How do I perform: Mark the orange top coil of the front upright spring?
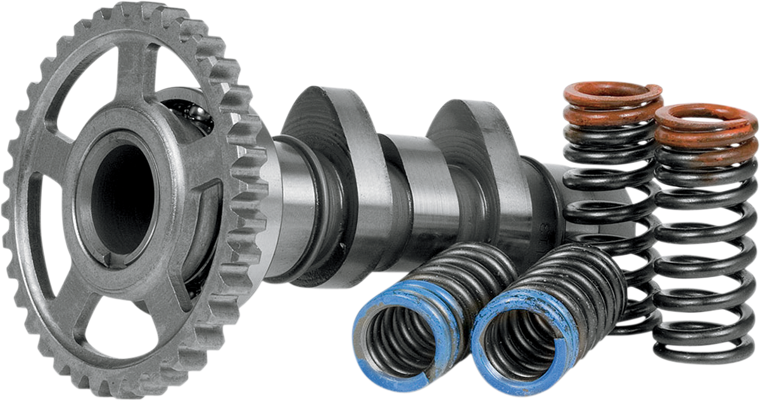point(706,117)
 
